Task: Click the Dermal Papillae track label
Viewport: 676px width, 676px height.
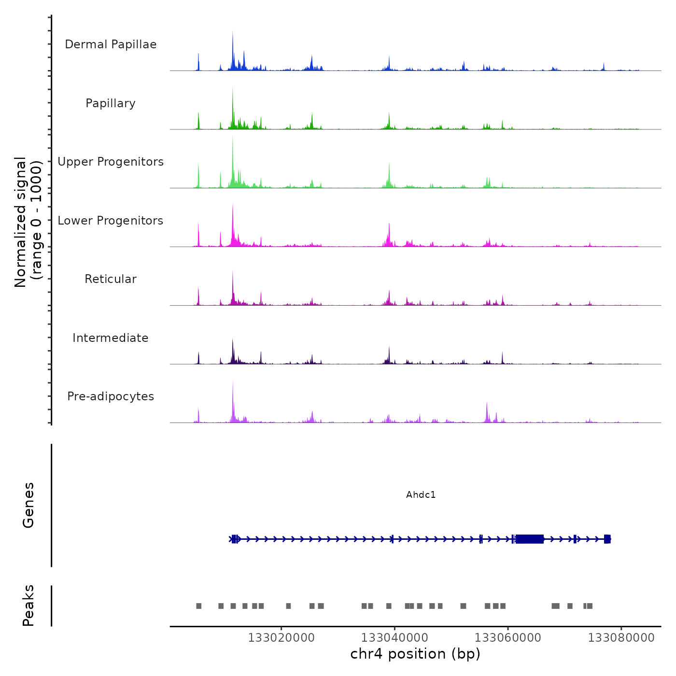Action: point(111,44)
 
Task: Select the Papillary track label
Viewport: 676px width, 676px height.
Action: point(111,103)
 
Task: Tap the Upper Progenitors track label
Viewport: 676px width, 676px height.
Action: point(111,162)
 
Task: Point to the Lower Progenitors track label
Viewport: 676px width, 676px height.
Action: point(111,221)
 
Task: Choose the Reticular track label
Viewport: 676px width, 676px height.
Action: point(111,279)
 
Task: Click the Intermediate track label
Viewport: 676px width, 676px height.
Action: point(111,338)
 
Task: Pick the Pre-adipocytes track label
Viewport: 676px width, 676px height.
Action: point(111,396)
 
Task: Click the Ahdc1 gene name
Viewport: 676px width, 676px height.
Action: point(421,494)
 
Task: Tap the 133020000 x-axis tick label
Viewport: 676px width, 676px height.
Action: point(281,637)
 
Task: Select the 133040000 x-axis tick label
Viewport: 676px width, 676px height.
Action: point(394,637)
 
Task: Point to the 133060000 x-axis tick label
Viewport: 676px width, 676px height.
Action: point(508,637)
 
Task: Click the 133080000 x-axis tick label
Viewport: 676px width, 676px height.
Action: point(621,637)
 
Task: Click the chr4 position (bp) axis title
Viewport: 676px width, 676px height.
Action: point(415,654)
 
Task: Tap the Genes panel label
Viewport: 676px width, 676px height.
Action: point(28,505)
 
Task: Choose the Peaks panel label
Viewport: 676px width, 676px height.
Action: point(28,606)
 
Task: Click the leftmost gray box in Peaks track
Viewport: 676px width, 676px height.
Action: point(199,606)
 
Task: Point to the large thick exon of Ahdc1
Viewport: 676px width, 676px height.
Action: point(530,539)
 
